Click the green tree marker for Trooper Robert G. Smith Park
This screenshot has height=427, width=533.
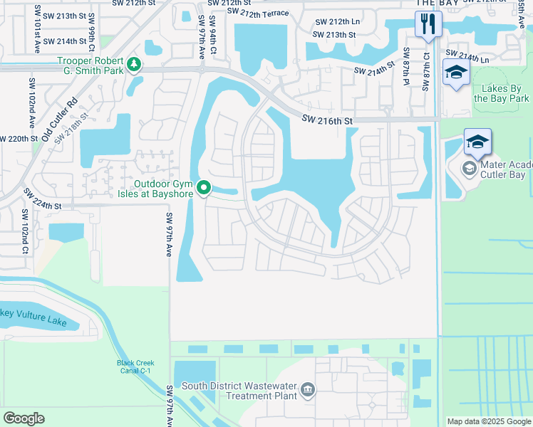click(133, 65)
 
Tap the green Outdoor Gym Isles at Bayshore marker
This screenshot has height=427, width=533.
click(204, 188)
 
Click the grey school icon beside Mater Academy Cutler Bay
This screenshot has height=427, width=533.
click(470, 169)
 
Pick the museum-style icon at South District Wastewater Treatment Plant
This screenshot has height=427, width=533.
click(308, 389)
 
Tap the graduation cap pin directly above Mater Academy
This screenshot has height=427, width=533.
click(477, 142)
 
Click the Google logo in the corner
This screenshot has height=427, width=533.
click(24, 418)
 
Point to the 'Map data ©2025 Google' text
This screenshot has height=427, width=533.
click(489, 421)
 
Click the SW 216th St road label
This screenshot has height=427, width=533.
click(326, 121)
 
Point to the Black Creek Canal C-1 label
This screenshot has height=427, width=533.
click(135, 367)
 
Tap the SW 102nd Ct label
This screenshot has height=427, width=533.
click(24, 231)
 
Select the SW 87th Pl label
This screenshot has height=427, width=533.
click(406, 69)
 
